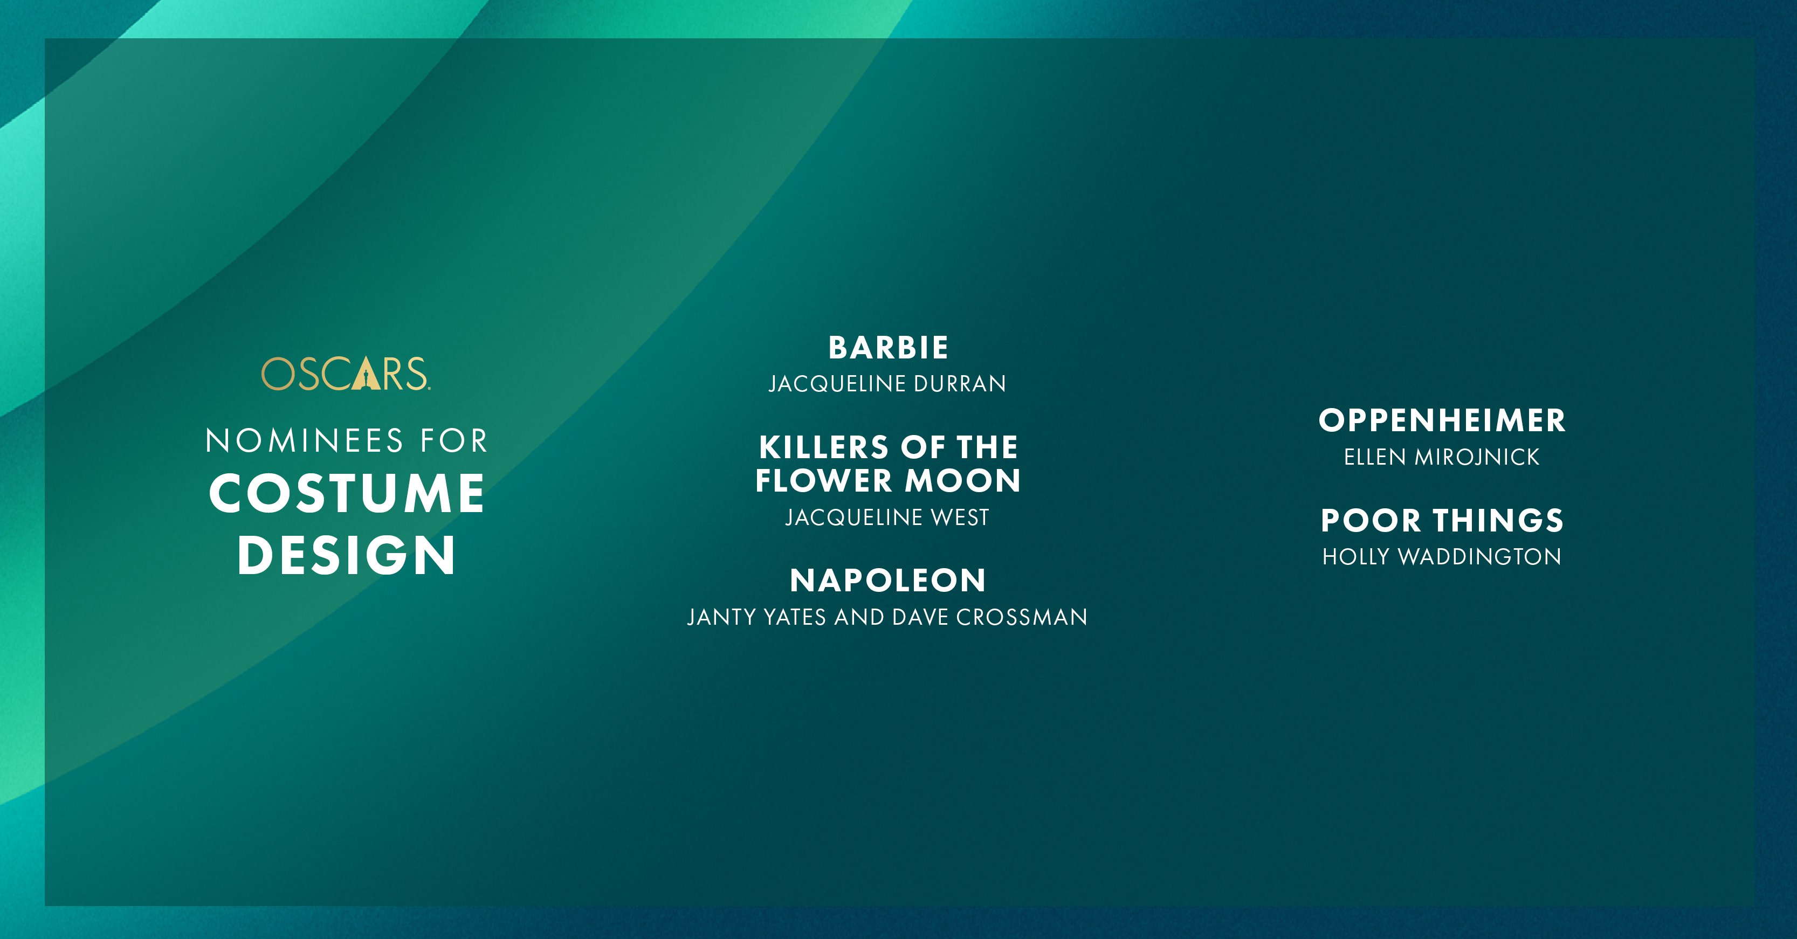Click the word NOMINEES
click(304, 441)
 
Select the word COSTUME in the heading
click(347, 493)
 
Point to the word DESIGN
click(346, 555)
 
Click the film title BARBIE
click(888, 348)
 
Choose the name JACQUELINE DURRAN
click(887, 384)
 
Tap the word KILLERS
click(824, 447)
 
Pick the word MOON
click(963, 481)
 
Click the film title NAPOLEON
click(888, 581)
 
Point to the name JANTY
click(721, 617)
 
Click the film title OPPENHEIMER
click(1442, 420)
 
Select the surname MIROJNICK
click(1477, 457)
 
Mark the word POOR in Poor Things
click(1371, 520)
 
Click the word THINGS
click(1498, 520)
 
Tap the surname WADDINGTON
click(1479, 557)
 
